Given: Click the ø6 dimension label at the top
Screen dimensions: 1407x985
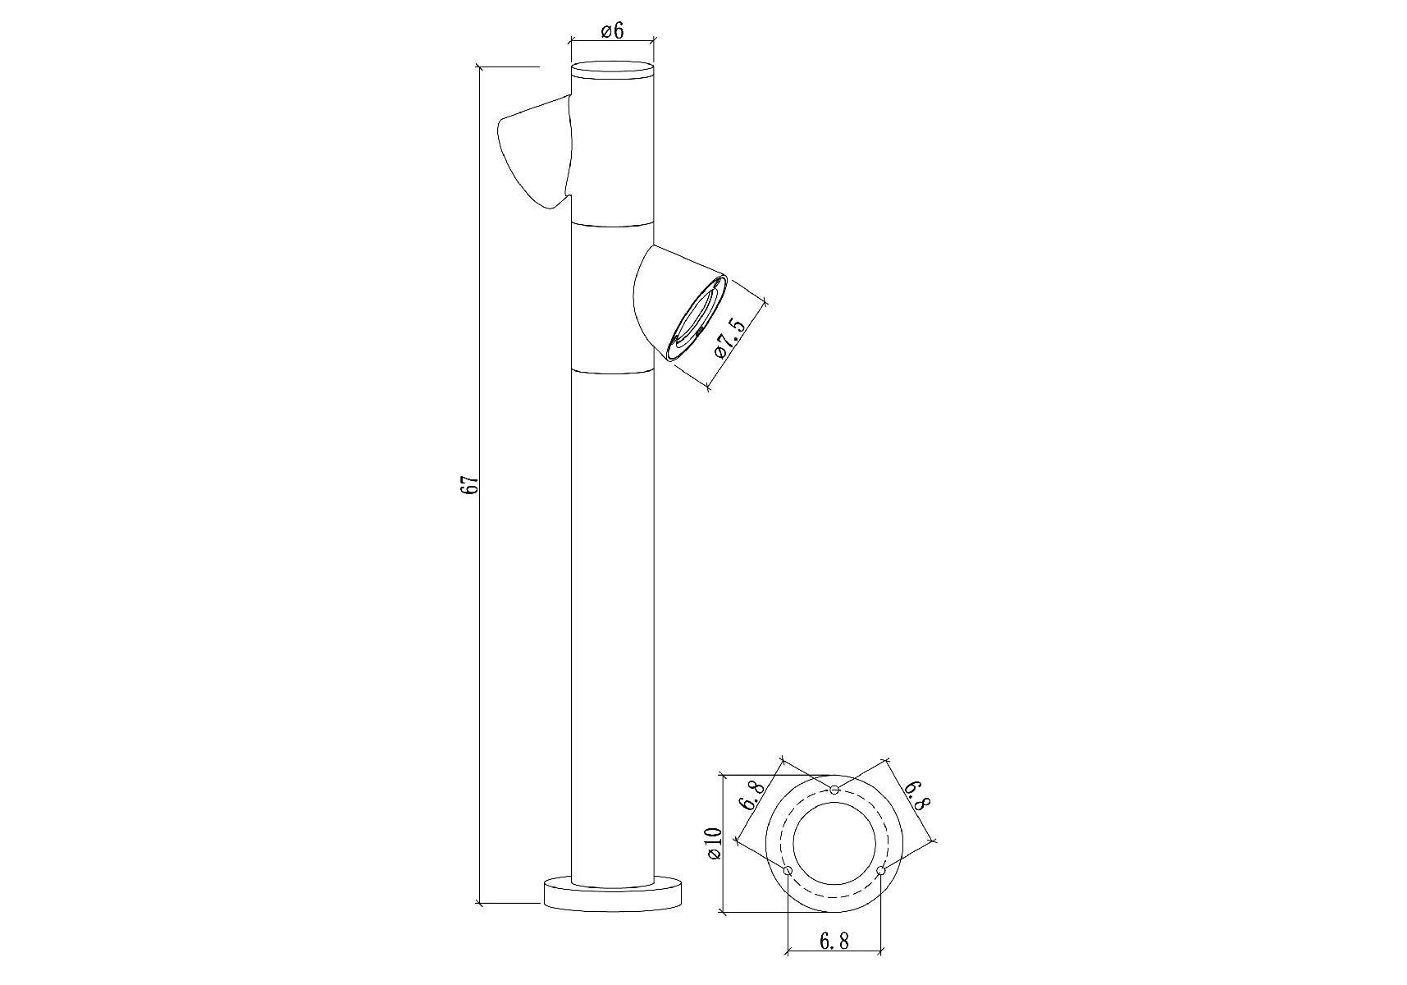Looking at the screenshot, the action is point(612,31).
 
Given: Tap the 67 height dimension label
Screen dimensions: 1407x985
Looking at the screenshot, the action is point(469,484).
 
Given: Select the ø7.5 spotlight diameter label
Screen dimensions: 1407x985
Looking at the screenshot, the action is point(731,337).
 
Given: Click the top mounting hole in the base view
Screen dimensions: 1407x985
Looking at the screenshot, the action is point(834,790).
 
